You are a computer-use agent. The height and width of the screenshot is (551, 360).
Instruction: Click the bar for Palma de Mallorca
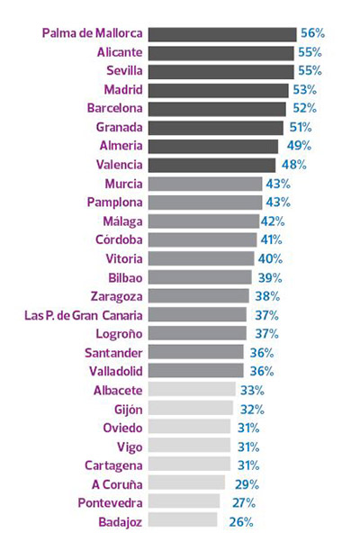[x=221, y=34]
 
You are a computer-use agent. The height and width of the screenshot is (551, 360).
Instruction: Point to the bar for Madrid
[x=217, y=90]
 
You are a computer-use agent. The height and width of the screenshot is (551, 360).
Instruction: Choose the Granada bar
[x=214, y=127]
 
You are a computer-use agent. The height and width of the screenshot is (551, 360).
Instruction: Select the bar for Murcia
[x=204, y=184]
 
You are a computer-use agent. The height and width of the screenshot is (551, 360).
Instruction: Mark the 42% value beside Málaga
[x=273, y=221]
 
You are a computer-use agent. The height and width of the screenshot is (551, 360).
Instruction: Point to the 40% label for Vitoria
[x=269, y=258]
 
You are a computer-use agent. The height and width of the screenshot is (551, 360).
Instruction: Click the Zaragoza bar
[x=198, y=295]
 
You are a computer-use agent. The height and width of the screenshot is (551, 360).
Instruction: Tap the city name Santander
[x=112, y=352]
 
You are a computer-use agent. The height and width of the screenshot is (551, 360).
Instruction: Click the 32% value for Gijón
[x=251, y=408]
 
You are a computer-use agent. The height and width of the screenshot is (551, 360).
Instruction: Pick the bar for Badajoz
[x=182, y=520]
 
